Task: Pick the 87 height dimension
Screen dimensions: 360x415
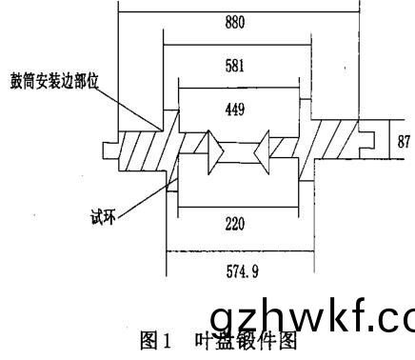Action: [x=404, y=140]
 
